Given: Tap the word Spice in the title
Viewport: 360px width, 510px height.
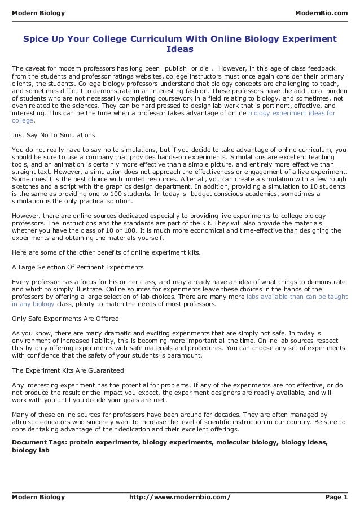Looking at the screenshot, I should [35, 38].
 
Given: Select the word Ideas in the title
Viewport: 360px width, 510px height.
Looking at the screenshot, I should [179, 50].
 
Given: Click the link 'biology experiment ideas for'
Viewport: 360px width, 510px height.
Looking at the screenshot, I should [292, 113].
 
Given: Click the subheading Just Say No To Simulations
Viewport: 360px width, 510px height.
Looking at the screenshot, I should [54, 136].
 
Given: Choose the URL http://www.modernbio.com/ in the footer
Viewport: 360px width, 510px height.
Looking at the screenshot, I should [180, 497].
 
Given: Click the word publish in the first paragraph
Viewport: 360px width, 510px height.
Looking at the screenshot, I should [175, 68].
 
